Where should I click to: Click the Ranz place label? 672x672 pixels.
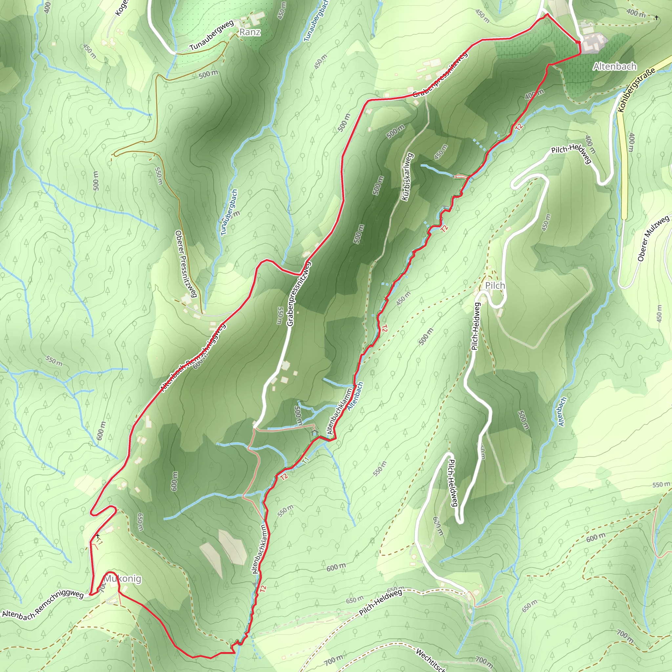250,32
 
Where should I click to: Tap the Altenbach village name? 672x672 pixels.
615,66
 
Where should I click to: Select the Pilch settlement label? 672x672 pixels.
494,285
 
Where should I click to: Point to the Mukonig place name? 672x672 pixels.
123,579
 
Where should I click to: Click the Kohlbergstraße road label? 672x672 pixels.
637,89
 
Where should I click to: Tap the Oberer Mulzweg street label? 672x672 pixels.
653,239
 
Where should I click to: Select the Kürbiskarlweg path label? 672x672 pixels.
407,177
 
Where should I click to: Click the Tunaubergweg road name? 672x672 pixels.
212,35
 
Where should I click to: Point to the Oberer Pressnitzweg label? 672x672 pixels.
186,264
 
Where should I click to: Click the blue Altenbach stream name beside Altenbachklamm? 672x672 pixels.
355,396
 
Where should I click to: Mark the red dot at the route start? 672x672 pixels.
578,42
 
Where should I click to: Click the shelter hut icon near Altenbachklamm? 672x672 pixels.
314,433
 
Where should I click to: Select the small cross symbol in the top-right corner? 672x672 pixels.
656,17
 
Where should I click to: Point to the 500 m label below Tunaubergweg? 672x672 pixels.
208,74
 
